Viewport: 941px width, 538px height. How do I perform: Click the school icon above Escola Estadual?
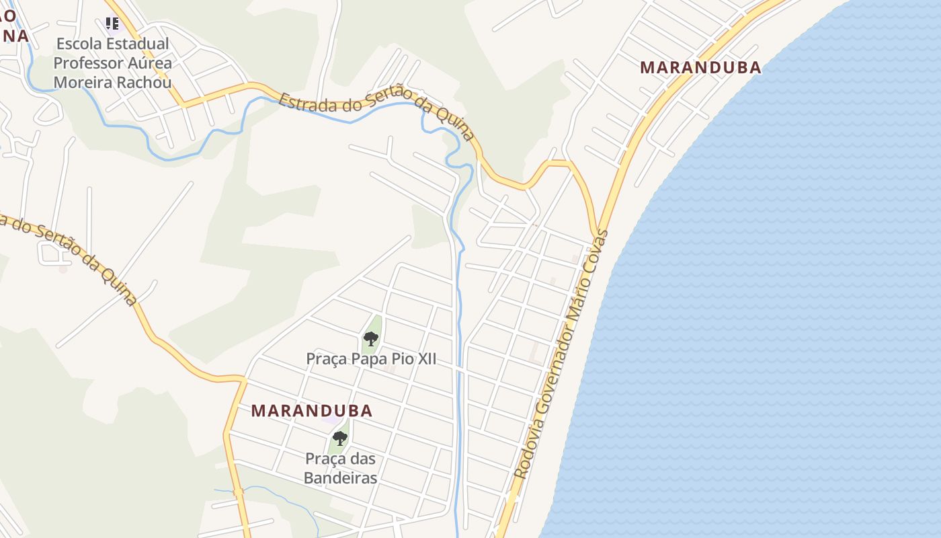(x=112, y=24)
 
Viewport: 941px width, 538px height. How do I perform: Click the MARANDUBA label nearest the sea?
(x=700, y=67)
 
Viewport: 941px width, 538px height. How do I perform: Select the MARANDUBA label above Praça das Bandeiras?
(x=312, y=410)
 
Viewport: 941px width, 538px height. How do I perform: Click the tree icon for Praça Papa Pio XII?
(x=370, y=338)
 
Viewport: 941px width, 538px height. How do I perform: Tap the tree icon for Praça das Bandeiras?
(x=340, y=438)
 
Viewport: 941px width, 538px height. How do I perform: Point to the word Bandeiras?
(x=340, y=477)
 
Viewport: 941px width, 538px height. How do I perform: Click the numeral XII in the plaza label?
(x=426, y=358)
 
